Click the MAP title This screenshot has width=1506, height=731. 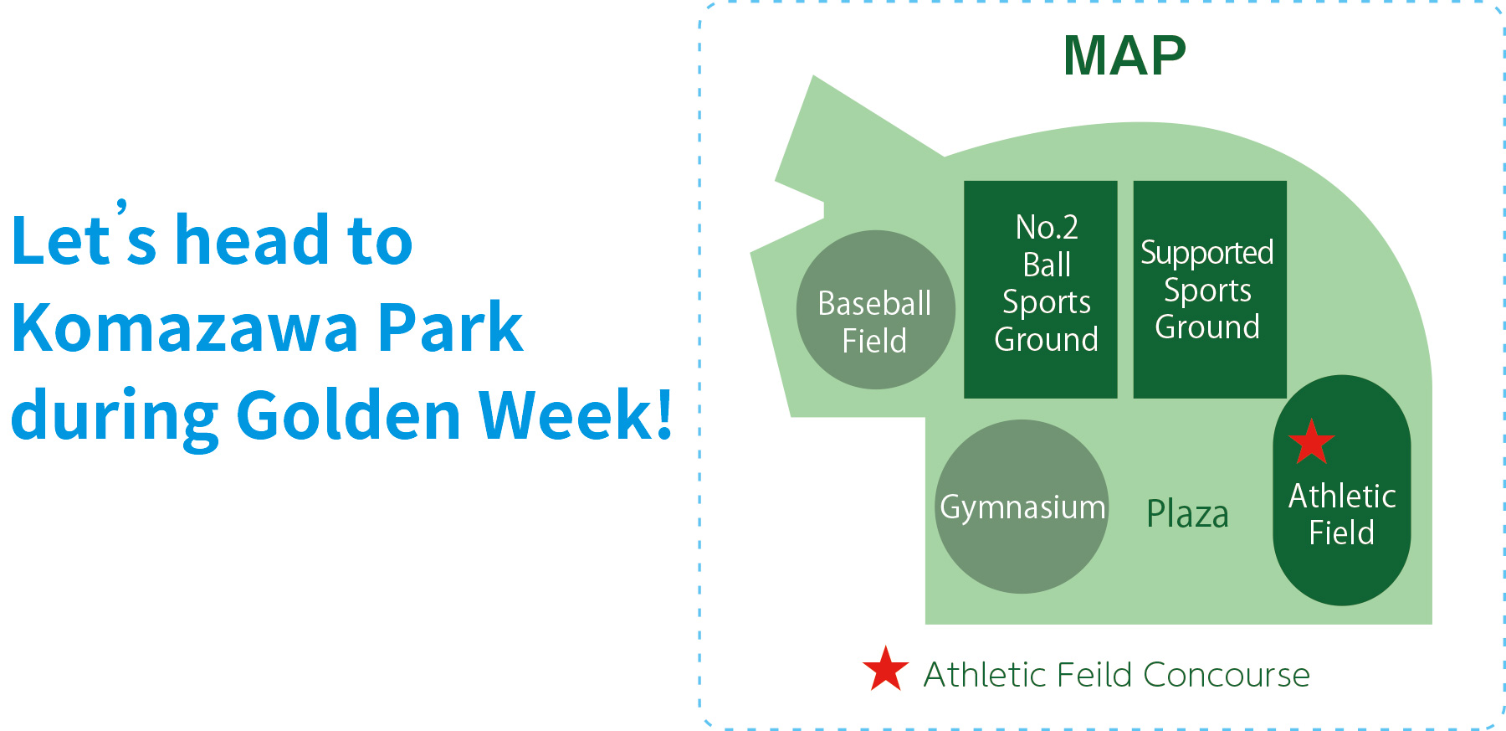point(1124,56)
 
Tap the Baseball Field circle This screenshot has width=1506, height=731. point(876,310)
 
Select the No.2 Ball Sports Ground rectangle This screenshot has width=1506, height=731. point(1041,290)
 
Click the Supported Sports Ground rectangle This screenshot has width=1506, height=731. point(1210,290)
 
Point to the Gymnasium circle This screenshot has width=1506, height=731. point(1022,507)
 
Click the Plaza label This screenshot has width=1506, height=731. point(1187,514)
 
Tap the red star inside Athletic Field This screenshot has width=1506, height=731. point(1311,442)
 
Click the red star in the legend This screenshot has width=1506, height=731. point(885,669)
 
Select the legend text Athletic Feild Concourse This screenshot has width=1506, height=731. point(1116,675)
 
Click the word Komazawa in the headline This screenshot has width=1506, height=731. point(186,327)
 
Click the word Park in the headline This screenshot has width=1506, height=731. point(450,327)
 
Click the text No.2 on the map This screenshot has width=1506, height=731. point(1047,227)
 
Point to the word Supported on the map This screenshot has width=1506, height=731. point(1207,253)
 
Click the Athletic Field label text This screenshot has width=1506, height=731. point(1342,514)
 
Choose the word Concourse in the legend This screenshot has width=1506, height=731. point(1226,675)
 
